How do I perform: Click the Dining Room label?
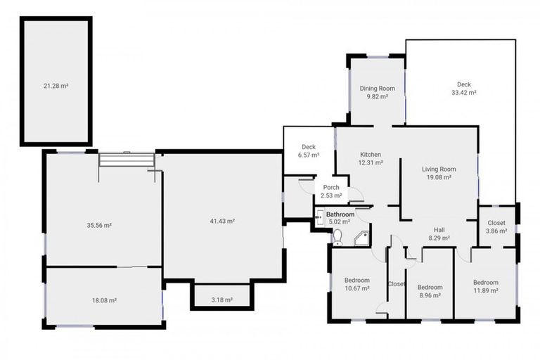pyautogui.click(x=377, y=89)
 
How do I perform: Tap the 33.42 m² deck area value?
pyautogui.click(x=464, y=92)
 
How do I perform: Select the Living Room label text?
pyautogui.click(x=439, y=169)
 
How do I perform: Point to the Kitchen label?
pyautogui.click(x=371, y=154)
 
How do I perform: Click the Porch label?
pyautogui.click(x=330, y=188)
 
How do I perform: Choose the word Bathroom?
pyautogui.click(x=340, y=214)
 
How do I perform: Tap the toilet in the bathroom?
pyautogui.click(x=337, y=236)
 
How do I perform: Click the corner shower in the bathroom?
pyautogui.click(x=362, y=238)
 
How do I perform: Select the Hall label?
pyautogui.click(x=438, y=229)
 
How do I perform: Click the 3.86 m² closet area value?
pyautogui.click(x=496, y=231)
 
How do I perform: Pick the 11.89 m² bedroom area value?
pyautogui.click(x=485, y=290)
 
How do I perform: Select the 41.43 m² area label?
pyautogui.click(x=222, y=221)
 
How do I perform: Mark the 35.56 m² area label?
pyautogui.click(x=99, y=226)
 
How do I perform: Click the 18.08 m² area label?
pyautogui.click(x=103, y=300)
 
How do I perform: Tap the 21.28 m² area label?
pyautogui.click(x=56, y=86)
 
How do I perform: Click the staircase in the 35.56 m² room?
pyautogui.click(x=125, y=160)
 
